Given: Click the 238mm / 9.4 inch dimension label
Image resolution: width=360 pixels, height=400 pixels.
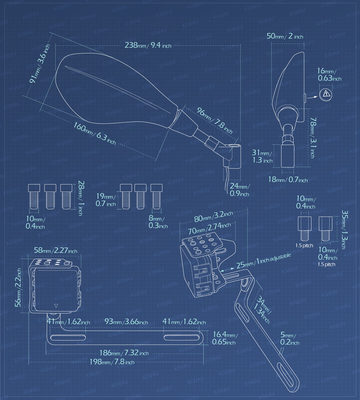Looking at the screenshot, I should [x=148, y=45].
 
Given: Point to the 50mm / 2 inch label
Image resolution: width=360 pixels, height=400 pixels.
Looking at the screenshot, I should [x=285, y=36].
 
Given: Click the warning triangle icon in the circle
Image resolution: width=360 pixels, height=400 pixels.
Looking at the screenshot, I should [x=326, y=94].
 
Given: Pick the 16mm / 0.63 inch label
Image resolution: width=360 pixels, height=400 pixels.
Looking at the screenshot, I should [x=329, y=75].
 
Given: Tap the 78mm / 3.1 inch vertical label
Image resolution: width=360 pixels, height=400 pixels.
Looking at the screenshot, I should [x=313, y=138].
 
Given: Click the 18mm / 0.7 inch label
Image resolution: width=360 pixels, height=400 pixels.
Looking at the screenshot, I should [x=288, y=180].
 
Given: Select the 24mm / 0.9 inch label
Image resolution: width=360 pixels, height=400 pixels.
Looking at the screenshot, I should [x=239, y=190].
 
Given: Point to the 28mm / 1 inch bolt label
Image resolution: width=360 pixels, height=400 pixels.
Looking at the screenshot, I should [x=81, y=198].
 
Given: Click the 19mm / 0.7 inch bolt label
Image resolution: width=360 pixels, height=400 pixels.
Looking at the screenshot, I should [x=106, y=200].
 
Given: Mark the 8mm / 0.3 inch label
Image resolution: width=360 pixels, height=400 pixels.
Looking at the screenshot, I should [x=158, y=222].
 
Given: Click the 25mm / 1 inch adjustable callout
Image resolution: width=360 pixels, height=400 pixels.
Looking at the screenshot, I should [x=263, y=261].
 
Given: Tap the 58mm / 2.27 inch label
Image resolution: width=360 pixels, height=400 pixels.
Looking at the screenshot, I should [x=55, y=250].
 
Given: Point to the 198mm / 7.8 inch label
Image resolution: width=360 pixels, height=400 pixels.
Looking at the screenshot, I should [x=112, y=362].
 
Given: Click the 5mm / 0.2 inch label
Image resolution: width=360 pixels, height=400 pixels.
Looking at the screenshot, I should [x=290, y=339].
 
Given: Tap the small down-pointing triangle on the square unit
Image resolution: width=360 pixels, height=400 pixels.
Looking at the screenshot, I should [x=56, y=306].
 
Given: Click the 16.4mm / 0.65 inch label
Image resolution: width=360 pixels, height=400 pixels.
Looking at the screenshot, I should [x=224, y=338].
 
